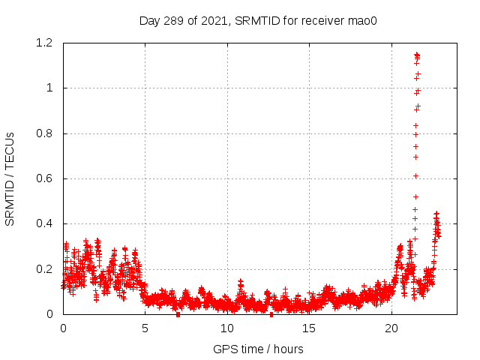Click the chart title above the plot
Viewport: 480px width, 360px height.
(258, 20)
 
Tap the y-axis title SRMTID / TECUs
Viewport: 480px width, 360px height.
(10, 178)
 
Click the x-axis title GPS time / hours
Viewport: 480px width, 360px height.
(258, 349)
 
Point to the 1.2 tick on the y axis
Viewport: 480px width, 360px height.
(43, 43)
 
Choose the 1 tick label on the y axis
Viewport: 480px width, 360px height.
(49, 88)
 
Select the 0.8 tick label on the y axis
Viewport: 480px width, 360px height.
(43, 133)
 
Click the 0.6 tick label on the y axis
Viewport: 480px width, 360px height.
(43, 178)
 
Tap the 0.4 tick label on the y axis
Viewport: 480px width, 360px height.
(43, 223)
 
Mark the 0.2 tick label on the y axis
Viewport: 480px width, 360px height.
(43, 269)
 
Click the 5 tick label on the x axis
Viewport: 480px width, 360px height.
(145, 328)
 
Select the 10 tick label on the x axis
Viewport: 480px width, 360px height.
(227, 328)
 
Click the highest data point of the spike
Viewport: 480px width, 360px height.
(416, 54)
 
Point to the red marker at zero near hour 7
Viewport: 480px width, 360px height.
(178, 314)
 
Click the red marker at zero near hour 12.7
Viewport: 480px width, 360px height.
(271, 314)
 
